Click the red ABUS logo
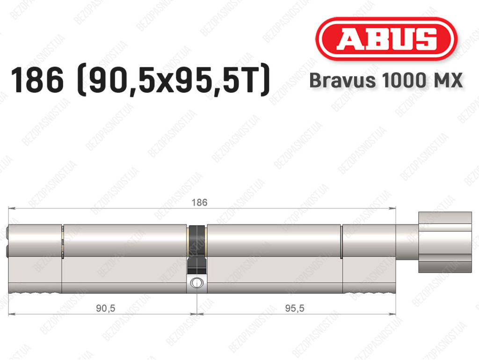point(386,39)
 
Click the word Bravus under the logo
point(342,81)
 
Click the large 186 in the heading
point(37,80)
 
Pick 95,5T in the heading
point(225,81)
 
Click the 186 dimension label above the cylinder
point(199,202)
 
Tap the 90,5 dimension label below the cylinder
point(105,308)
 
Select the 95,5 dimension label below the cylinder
point(295,308)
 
